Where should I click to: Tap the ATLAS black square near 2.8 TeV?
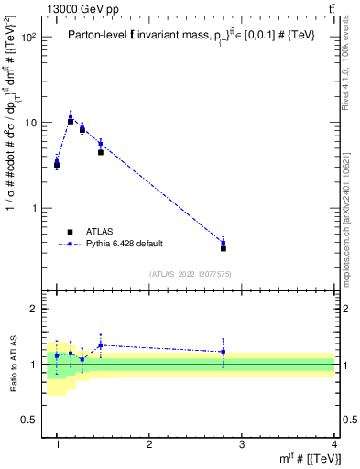pyautogui.click(x=224, y=248)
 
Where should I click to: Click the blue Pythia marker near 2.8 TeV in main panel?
pyautogui.click(x=224, y=243)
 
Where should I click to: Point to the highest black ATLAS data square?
pyautogui.click(x=71, y=121)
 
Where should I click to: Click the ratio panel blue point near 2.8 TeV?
pyautogui.click(x=224, y=352)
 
